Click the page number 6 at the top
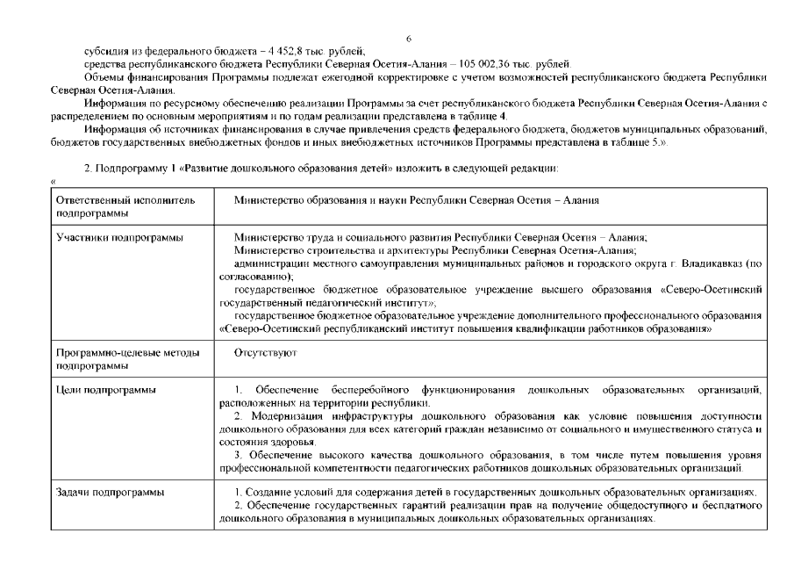410,37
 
